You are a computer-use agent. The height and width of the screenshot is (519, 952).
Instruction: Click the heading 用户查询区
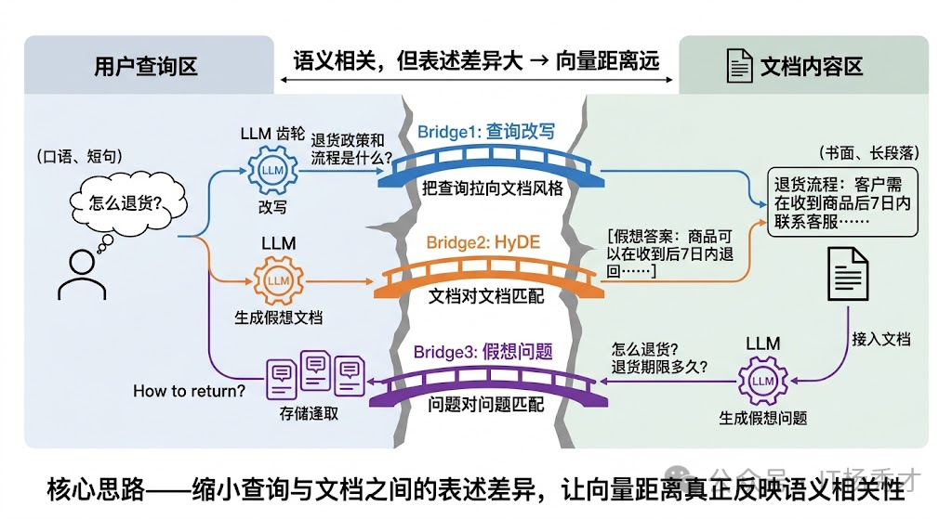click(x=146, y=67)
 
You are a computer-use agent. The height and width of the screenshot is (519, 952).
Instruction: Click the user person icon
click(x=82, y=276)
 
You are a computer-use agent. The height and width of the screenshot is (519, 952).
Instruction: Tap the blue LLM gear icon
click(x=272, y=172)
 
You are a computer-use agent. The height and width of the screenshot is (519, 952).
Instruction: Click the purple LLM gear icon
click(x=762, y=381)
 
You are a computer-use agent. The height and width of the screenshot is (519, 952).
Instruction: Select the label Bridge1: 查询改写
click(x=485, y=131)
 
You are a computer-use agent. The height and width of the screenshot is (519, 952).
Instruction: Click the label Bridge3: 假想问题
click(x=483, y=352)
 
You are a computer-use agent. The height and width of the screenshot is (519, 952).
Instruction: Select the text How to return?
click(x=190, y=391)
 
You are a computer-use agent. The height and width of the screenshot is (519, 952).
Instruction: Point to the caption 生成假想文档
click(x=278, y=318)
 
